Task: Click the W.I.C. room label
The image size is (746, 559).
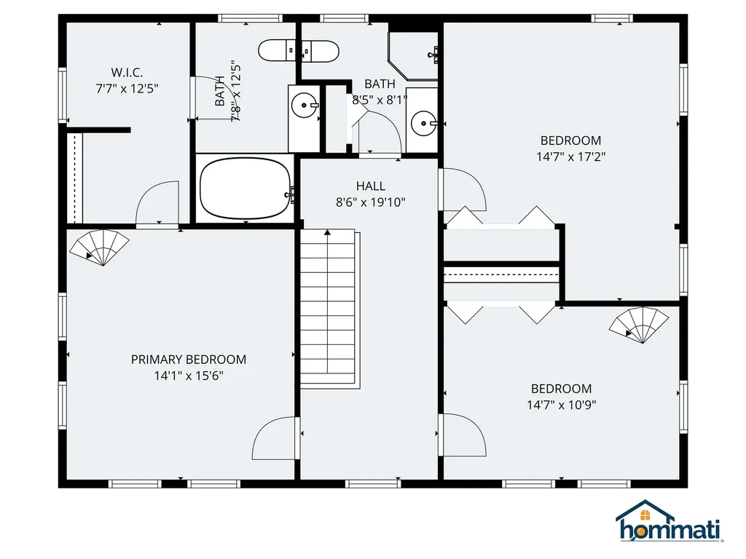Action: pyautogui.click(x=127, y=72)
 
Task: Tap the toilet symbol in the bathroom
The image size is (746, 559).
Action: pyautogui.click(x=299, y=51)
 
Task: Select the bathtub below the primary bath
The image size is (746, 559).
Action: pyautogui.click(x=245, y=189)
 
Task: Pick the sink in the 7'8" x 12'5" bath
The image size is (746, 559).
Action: pyautogui.click(x=304, y=106)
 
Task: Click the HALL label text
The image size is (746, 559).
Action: pyautogui.click(x=370, y=186)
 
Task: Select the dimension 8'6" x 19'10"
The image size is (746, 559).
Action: pyautogui.click(x=370, y=202)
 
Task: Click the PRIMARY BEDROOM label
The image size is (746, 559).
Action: pyautogui.click(x=188, y=360)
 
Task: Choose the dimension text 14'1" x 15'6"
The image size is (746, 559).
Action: pyautogui.click(x=188, y=376)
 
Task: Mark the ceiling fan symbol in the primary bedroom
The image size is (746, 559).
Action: pyautogui.click(x=99, y=246)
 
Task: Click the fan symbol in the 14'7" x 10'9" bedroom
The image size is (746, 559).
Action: pyautogui.click(x=639, y=324)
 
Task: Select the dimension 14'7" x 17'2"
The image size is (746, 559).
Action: pyautogui.click(x=570, y=156)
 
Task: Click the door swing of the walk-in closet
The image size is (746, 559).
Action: pyautogui.click(x=157, y=204)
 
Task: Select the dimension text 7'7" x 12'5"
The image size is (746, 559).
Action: pyautogui.click(x=127, y=88)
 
